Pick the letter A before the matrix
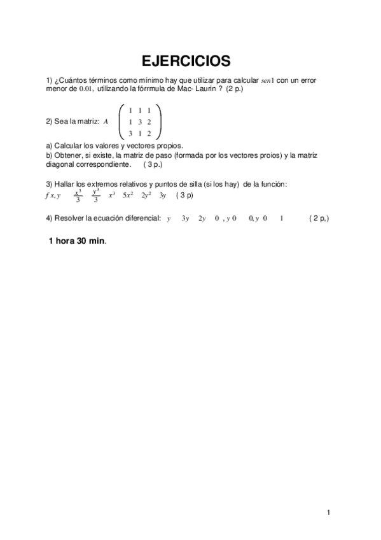click(106, 122)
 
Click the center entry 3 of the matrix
click(139, 122)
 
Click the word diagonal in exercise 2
click(61, 164)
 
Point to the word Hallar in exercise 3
click(65, 184)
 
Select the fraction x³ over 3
click(78, 195)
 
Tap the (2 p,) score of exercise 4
click(319, 218)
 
